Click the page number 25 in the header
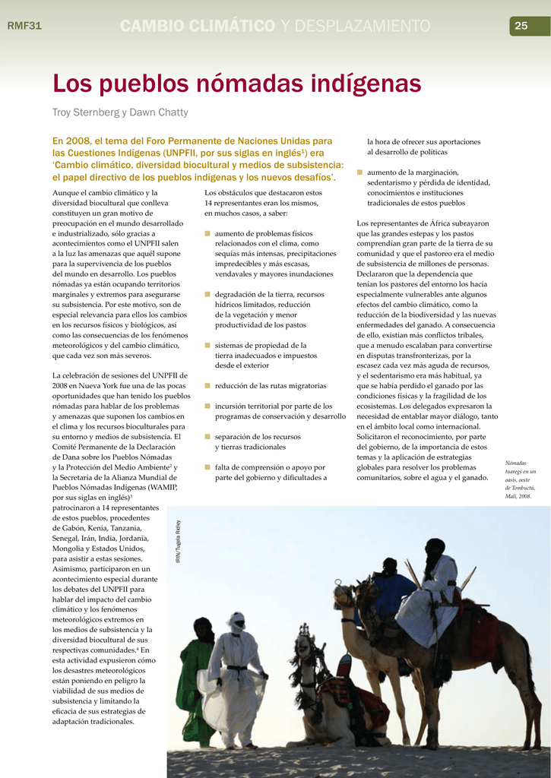click(x=521, y=26)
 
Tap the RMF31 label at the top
click(x=24, y=26)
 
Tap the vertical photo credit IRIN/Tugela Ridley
click(x=178, y=542)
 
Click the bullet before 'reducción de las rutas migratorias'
click(x=207, y=386)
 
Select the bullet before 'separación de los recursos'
click(x=207, y=437)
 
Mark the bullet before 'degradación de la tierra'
click(x=207, y=294)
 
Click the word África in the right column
click(x=430, y=223)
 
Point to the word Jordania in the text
click(x=139, y=538)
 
